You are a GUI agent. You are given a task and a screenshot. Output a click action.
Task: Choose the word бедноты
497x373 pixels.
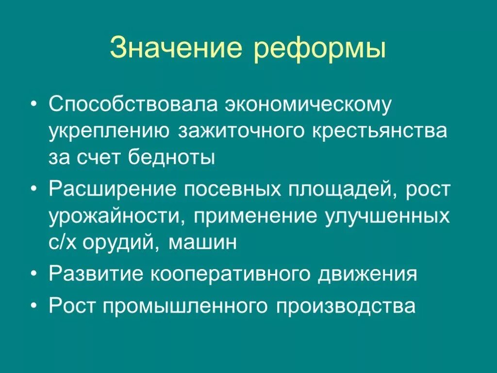click(x=172, y=157)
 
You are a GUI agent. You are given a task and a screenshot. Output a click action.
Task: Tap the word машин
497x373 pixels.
click(x=203, y=241)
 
